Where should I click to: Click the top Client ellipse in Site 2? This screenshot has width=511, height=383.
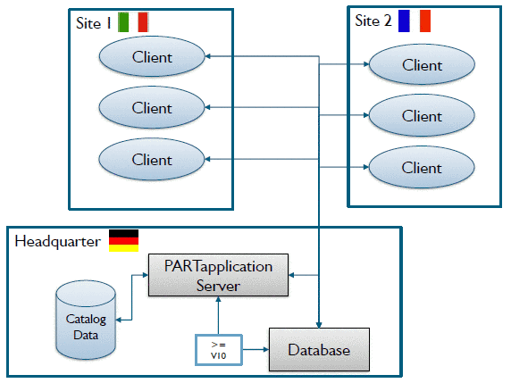pos(422,65)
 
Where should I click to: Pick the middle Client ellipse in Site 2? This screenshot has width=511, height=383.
pos(422,116)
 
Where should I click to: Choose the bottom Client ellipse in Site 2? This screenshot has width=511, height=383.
pos(422,168)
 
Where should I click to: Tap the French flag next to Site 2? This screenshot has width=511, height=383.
pos(415,20)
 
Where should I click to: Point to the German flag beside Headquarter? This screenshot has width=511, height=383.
pos(123,240)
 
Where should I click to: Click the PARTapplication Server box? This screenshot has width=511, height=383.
pos(219,275)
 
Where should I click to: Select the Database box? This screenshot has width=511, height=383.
pos(319,349)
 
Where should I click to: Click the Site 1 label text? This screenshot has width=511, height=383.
pos(95,24)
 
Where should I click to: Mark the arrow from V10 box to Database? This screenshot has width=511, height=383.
pos(255,350)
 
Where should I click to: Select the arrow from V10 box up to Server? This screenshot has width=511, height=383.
pos(219,316)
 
